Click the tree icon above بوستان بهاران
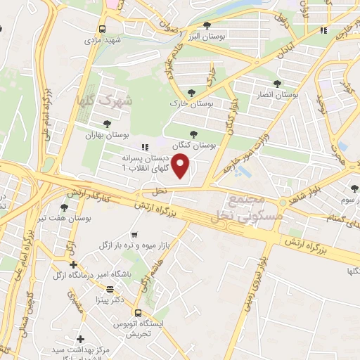point(107,124)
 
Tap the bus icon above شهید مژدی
point(103,29)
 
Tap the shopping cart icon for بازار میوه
point(134,235)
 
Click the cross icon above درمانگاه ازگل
point(74,264)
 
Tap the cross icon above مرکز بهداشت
point(82,339)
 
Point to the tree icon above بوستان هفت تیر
point(65,207)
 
